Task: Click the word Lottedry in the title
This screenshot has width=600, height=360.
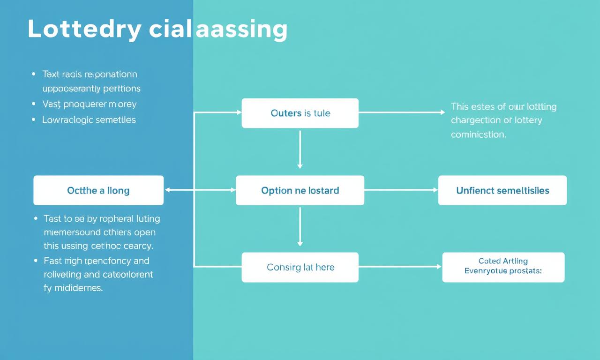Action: point(84,29)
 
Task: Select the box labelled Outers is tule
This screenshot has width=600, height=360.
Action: point(300,113)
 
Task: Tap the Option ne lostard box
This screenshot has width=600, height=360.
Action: point(300,190)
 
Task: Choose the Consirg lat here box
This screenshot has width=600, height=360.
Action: point(300,267)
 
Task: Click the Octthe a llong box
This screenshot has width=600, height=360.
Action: point(98,190)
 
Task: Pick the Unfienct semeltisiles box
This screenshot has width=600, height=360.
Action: point(502,190)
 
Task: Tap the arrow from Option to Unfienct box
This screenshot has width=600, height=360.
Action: point(401,190)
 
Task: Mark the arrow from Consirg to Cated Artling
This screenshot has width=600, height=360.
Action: point(400,267)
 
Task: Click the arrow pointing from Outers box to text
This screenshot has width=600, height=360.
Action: point(401,112)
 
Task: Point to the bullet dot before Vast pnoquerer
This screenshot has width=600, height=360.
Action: point(33,104)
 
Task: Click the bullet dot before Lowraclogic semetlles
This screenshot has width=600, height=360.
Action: point(33,120)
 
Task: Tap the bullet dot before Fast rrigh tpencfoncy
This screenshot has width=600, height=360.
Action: point(35,261)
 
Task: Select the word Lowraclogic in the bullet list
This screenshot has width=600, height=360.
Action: point(67,120)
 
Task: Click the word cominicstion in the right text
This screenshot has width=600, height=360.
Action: point(478,135)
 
